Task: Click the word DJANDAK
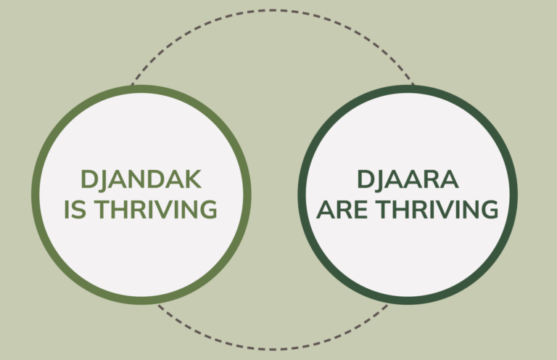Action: click(141, 179)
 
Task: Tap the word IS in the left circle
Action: click(75, 209)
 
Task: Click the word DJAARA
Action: click(408, 179)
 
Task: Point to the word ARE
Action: click(342, 209)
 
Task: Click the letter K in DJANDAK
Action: click(192, 179)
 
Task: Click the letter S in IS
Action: click(79, 209)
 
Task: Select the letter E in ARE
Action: click(361, 209)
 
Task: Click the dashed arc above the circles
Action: click(273, 10)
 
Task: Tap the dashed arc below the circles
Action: click(273, 349)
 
